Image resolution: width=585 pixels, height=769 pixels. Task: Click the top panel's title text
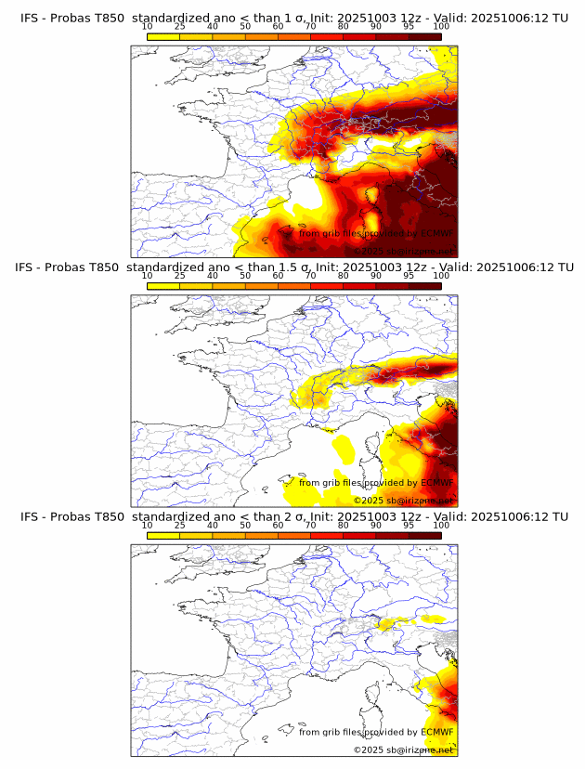coord(292,18)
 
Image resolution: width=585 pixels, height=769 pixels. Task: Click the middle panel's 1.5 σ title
coord(292,267)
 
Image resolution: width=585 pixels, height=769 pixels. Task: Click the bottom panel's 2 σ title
coord(292,516)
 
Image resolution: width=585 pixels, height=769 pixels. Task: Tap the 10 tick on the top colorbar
coord(148,28)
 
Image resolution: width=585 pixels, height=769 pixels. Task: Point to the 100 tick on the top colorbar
coord(441,28)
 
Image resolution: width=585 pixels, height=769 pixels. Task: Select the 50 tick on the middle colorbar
coord(245,276)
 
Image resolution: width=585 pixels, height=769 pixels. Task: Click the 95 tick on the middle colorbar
coord(409,276)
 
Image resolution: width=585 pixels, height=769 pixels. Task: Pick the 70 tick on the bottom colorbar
coord(311,526)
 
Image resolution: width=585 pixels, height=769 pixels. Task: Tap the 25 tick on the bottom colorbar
coord(180,526)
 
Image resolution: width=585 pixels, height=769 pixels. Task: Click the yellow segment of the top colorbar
coord(163,36)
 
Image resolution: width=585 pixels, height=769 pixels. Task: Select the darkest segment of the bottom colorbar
coord(425,535)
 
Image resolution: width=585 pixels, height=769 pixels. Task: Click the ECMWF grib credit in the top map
coord(376,233)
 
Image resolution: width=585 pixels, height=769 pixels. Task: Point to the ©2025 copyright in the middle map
coord(403,500)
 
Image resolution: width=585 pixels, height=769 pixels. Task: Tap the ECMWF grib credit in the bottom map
coord(376,732)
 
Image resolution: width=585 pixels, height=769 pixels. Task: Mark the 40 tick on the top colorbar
coord(213,28)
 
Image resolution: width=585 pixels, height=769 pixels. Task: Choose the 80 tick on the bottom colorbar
coord(344,526)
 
